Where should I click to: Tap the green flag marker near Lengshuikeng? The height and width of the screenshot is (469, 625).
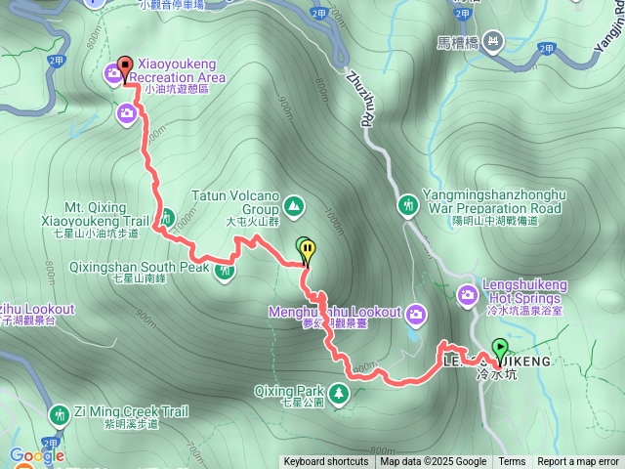500,348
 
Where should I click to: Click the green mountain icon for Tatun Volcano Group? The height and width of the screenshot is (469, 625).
295,206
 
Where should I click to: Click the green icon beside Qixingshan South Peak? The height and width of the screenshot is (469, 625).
225,269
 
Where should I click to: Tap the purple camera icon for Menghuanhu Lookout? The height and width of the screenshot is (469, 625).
417,314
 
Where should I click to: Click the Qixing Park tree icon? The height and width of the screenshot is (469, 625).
339,393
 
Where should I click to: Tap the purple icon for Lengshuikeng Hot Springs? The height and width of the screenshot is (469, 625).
469,293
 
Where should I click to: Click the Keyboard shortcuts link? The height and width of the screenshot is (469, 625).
326,462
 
